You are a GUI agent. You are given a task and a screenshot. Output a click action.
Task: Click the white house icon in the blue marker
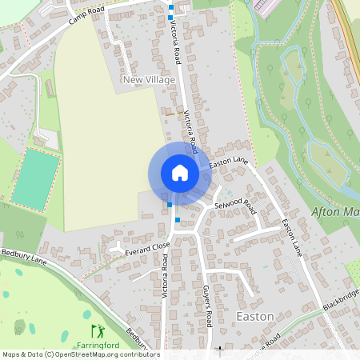click(x=180, y=173)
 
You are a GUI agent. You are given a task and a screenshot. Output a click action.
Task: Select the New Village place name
click(x=148, y=80)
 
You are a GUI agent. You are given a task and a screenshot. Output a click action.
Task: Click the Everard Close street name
click(x=143, y=246)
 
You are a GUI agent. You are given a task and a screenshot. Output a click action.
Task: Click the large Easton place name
click(x=256, y=317)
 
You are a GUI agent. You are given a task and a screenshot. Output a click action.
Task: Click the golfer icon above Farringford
click(x=98, y=330)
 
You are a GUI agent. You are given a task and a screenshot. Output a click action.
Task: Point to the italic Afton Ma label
click(x=333, y=212)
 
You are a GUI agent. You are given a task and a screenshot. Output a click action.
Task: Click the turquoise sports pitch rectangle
click(x=36, y=178)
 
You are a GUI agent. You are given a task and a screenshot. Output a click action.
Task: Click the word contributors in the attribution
click(x=142, y=354)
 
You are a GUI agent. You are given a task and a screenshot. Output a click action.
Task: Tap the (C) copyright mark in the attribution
click(x=50, y=354)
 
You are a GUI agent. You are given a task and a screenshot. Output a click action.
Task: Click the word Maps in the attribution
click(x=12, y=354)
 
